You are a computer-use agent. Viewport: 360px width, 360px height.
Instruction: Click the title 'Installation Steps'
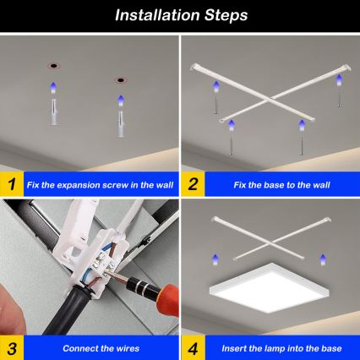coord(180,15)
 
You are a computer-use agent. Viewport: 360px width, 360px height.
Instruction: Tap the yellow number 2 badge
coord(194,183)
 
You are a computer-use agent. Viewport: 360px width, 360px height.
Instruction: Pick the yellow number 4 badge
coord(194,346)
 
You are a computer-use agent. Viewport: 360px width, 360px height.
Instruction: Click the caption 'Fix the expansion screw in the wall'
coord(99,183)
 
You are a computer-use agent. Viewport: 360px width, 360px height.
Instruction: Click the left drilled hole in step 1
coord(52,65)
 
